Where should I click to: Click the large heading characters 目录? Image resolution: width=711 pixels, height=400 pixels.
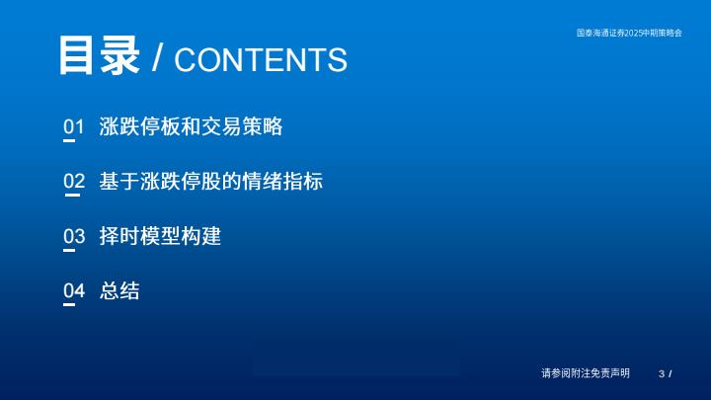pos(99,55)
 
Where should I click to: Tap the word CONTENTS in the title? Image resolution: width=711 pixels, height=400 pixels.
pos(261,60)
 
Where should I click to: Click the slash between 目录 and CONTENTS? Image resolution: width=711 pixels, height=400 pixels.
pos(157,58)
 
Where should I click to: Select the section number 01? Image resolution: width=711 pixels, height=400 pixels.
pos(73,126)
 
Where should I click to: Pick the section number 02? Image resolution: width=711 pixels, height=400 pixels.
pos(74,181)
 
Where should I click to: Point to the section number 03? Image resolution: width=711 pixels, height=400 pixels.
pos(74,236)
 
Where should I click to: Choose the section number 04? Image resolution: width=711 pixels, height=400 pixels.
pos(74,290)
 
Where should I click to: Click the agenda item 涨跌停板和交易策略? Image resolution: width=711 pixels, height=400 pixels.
pos(191,126)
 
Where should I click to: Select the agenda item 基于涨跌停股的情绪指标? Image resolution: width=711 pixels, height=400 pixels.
pos(211,181)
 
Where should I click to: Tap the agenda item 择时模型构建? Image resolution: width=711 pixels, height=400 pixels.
pos(160,236)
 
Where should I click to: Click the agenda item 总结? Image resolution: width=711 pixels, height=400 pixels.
pos(119,290)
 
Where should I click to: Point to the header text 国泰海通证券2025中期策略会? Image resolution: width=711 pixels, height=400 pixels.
pos(629,33)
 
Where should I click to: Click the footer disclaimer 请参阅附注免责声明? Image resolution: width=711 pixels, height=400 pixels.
pos(586,373)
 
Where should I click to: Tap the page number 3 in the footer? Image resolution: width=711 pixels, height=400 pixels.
pos(662,373)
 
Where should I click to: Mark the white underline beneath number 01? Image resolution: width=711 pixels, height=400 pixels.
pos(69,140)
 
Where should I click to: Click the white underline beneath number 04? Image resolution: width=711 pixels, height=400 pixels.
pos(69,305)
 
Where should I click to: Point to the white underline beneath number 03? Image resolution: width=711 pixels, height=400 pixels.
pos(69,250)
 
